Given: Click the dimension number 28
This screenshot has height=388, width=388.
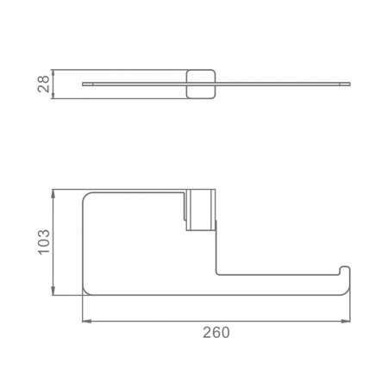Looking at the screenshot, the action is [43, 84].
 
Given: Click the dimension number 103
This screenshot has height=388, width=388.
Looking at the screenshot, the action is [44, 242].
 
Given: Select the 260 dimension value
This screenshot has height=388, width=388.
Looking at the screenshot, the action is [216, 333].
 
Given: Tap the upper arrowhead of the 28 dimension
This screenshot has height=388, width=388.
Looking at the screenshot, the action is [53, 73].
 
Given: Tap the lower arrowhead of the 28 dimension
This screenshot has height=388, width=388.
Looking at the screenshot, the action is [53, 95].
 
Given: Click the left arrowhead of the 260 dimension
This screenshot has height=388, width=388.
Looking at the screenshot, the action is [87, 321].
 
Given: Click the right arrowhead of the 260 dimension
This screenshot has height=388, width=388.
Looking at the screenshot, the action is [346, 321].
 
